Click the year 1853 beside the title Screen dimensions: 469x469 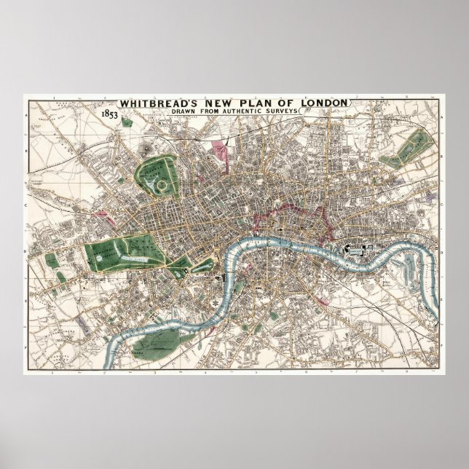pos(111,114)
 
